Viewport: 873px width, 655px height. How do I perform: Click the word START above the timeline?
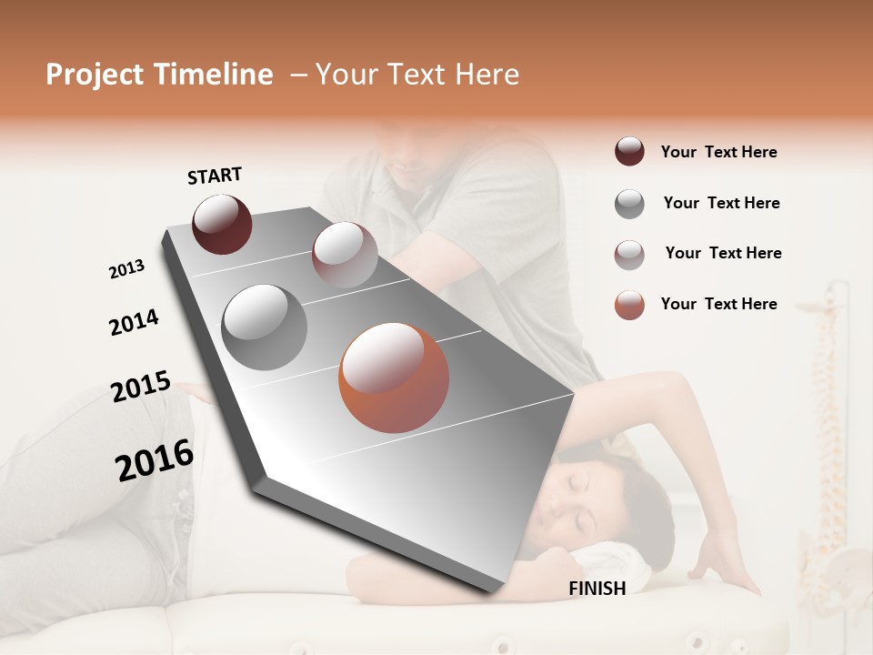215,176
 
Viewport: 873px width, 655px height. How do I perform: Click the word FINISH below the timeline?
597,589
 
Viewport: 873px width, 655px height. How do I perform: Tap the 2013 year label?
126,269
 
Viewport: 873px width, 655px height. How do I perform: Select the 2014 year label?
134,322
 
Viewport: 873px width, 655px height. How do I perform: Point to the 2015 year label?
141,387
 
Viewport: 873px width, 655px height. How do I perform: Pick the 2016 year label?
155,460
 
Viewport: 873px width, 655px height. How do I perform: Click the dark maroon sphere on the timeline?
222,224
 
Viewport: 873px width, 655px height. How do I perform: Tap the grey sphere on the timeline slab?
265,327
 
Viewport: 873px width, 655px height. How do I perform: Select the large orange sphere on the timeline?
394,378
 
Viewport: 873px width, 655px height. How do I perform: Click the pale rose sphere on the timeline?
345,255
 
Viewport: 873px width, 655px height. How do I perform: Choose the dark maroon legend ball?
629,152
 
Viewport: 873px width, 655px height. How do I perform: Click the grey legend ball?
629,204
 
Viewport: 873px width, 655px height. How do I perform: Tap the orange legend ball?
629,305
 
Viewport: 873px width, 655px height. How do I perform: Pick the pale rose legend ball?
629,254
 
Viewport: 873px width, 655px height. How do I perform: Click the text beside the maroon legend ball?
719,152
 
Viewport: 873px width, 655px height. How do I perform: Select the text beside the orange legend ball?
719,304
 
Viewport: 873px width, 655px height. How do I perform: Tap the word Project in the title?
95,75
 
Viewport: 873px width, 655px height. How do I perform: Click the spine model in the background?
828,409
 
